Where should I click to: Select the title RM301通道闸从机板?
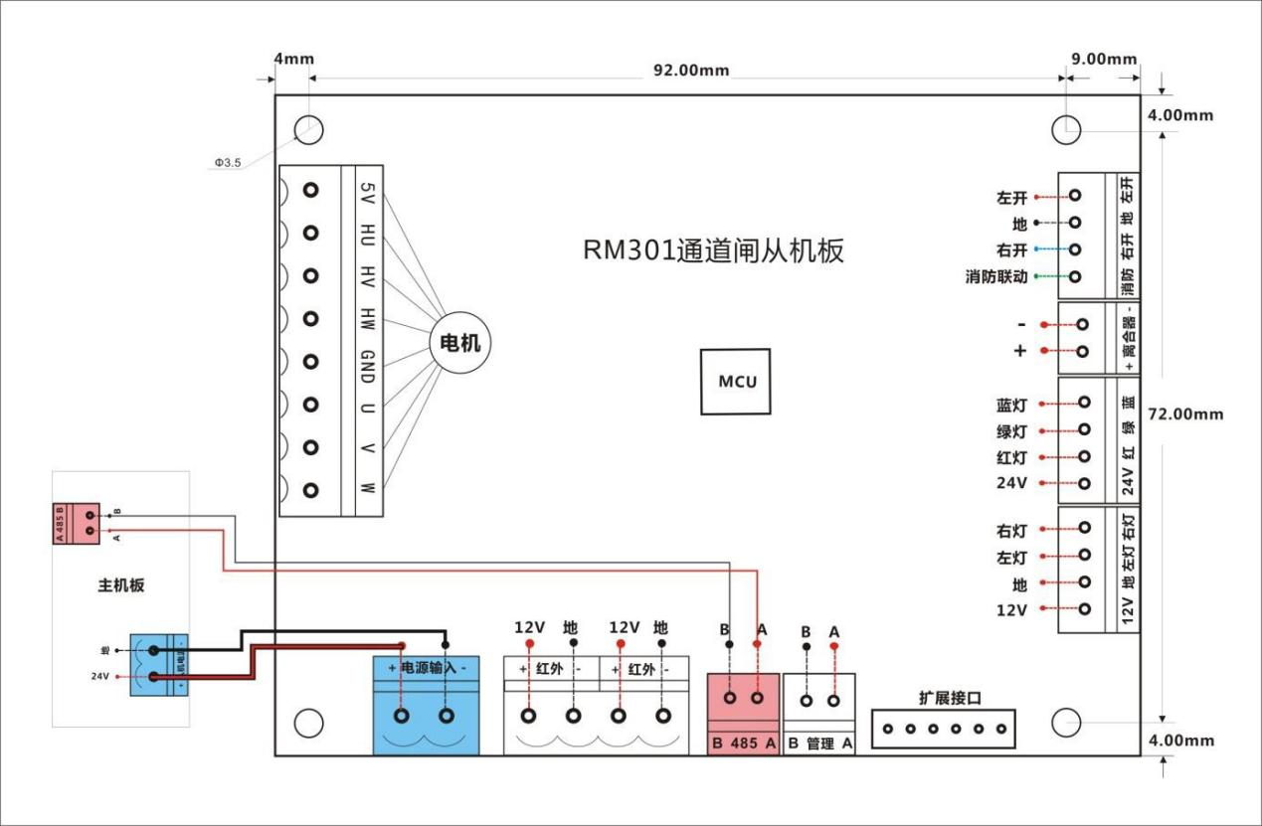713,250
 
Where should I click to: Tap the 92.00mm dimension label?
690,70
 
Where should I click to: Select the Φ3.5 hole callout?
228,161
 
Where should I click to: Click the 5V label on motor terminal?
367,191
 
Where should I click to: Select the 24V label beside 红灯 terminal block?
1011,484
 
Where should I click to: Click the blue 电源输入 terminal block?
426,705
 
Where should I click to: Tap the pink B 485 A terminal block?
744,714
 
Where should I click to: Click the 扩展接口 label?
950,698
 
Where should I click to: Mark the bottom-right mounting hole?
1067,723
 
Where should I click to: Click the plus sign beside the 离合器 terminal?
1019,351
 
